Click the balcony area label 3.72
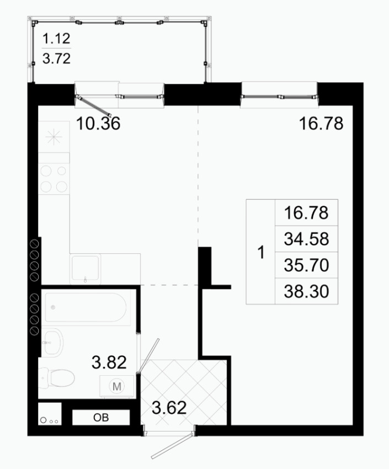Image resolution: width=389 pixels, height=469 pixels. [x=56, y=58]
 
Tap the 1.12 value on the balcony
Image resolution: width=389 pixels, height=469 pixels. [x=56, y=39]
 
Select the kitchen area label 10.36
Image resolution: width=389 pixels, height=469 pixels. [x=98, y=124]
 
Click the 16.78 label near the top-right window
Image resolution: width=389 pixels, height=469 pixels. [x=321, y=124]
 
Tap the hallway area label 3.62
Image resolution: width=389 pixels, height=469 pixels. [x=169, y=408]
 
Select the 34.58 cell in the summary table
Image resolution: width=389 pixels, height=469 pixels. [x=306, y=239]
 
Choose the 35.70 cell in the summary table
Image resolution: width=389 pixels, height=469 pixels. [x=306, y=265]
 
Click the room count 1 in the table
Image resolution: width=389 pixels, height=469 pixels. [x=261, y=252]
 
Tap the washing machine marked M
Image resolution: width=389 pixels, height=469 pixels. [x=116, y=386]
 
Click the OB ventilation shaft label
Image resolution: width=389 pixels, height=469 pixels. [x=101, y=418]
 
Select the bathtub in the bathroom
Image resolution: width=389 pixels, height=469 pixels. [x=86, y=307]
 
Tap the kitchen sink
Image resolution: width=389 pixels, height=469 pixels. [x=85, y=269]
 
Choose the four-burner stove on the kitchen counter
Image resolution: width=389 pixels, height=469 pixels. [x=54, y=179]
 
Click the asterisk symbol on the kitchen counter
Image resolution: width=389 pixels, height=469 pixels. [x=54, y=137]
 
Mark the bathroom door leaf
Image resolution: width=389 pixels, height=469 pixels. [x=148, y=355]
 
